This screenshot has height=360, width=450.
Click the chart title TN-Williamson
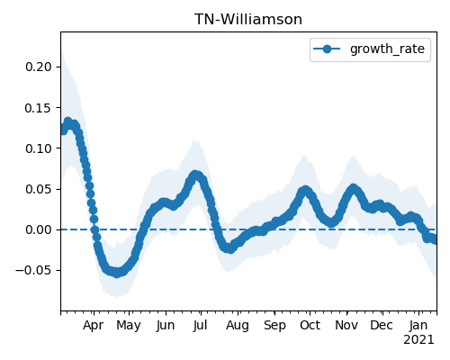[248, 20]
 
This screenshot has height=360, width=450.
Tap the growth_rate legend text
[387, 49]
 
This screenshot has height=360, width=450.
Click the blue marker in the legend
[327, 49]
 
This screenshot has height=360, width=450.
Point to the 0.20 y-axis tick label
[39, 67]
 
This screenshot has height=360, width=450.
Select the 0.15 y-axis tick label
[39, 108]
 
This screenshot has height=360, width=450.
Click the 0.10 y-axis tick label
[39, 148]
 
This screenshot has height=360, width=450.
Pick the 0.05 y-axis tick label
[39, 189]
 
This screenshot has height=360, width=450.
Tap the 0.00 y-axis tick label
[39, 230]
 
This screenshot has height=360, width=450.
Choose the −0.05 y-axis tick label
[34, 271]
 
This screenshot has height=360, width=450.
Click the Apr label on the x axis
[94, 326]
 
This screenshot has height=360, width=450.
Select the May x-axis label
[129, 326]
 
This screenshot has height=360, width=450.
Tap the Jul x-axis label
[200, 325]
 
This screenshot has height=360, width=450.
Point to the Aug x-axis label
[238, 326]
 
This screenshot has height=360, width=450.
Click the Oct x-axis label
[310, 325]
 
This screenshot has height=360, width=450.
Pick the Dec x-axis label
[382, 325]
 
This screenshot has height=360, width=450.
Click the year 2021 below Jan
[418, 340]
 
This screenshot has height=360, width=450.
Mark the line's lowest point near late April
[117, 273]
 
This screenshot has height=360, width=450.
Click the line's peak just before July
[195, 175]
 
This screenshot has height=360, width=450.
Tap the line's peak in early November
[353, 189]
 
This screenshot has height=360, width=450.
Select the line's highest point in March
[68, 121]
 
